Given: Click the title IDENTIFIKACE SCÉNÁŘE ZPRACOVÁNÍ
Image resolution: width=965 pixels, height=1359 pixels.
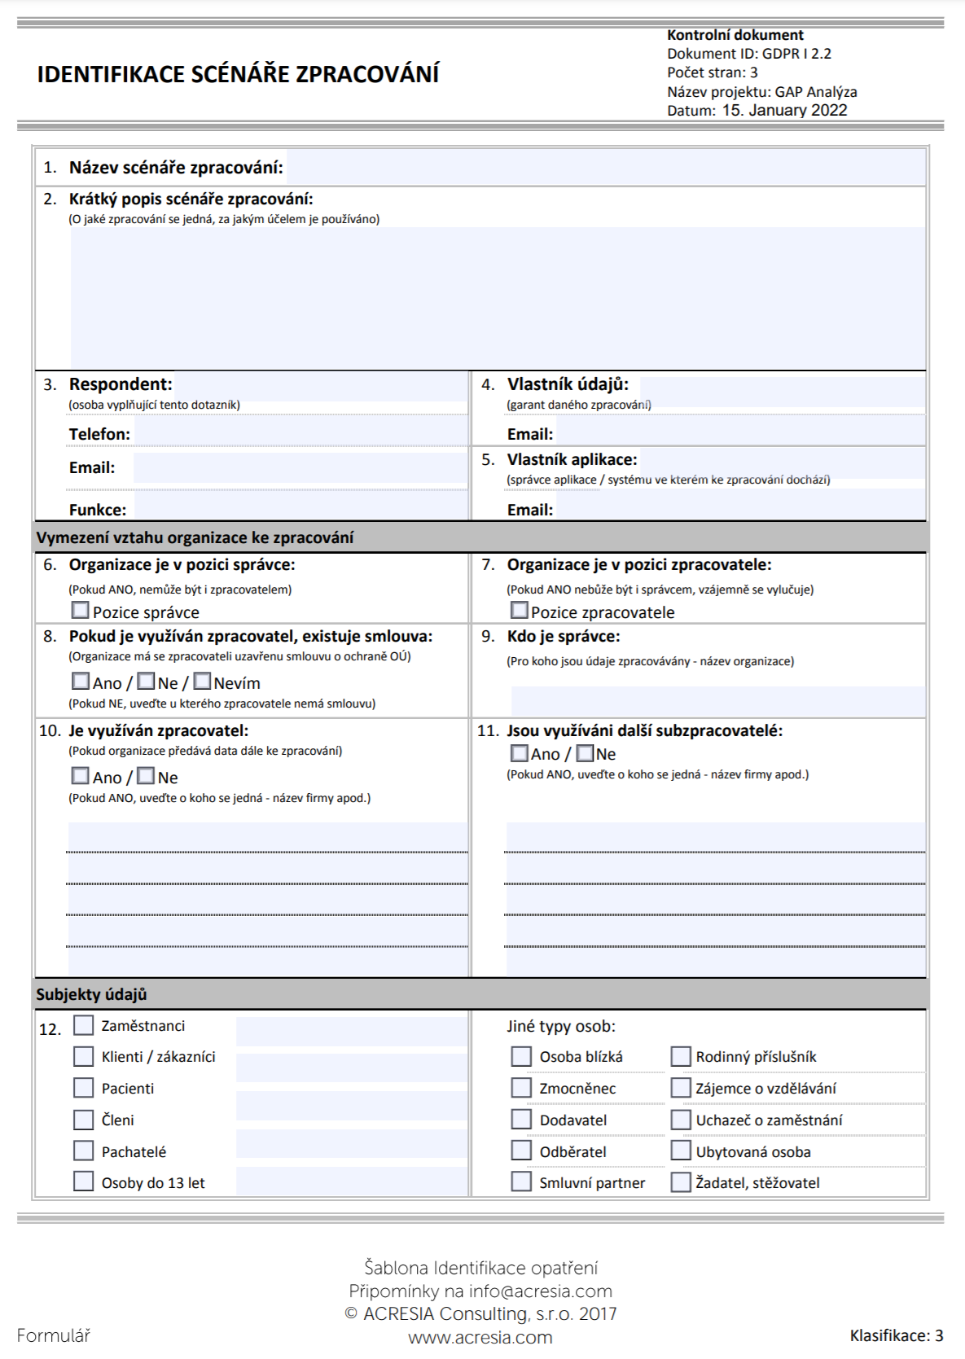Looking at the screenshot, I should point(238,74).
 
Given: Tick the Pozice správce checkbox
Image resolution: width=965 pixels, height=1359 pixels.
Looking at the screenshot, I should point(81,610).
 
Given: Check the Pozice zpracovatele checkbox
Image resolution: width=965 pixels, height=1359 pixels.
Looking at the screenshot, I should point(519,610).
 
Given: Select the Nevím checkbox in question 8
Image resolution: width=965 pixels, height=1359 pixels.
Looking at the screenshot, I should point(202,681).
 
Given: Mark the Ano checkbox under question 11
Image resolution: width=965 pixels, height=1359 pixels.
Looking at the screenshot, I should point(519,752).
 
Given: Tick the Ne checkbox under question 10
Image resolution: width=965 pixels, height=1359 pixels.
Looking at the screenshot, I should point(146,775).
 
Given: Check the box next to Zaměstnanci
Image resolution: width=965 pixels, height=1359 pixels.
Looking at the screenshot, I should point(84,1024).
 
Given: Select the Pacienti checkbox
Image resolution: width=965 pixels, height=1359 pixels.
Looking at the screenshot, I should point(84,1088).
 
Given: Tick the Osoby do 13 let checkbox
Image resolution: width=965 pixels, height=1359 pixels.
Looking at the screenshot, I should point(84,1181).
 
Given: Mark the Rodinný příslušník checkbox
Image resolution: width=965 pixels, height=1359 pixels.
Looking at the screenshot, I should point(681,1056).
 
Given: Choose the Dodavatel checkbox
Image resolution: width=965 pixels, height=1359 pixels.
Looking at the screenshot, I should point(521,1120).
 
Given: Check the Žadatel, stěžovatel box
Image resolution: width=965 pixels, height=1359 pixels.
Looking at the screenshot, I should point(681,1182).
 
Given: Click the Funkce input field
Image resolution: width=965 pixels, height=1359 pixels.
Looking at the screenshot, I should point(300,506).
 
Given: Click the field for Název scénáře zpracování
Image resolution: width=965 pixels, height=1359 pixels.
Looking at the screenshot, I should point(605,168).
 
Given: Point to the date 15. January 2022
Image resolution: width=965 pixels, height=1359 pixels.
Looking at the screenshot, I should point(784,111).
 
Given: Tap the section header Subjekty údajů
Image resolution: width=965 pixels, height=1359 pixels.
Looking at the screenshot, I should point(91,994).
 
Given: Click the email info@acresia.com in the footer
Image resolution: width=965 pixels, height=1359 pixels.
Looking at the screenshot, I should point(540,1291).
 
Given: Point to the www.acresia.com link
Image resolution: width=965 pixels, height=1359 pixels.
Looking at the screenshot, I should point(480,1338).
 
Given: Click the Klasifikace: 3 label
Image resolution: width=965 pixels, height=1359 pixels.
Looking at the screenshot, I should point(896,1335).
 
